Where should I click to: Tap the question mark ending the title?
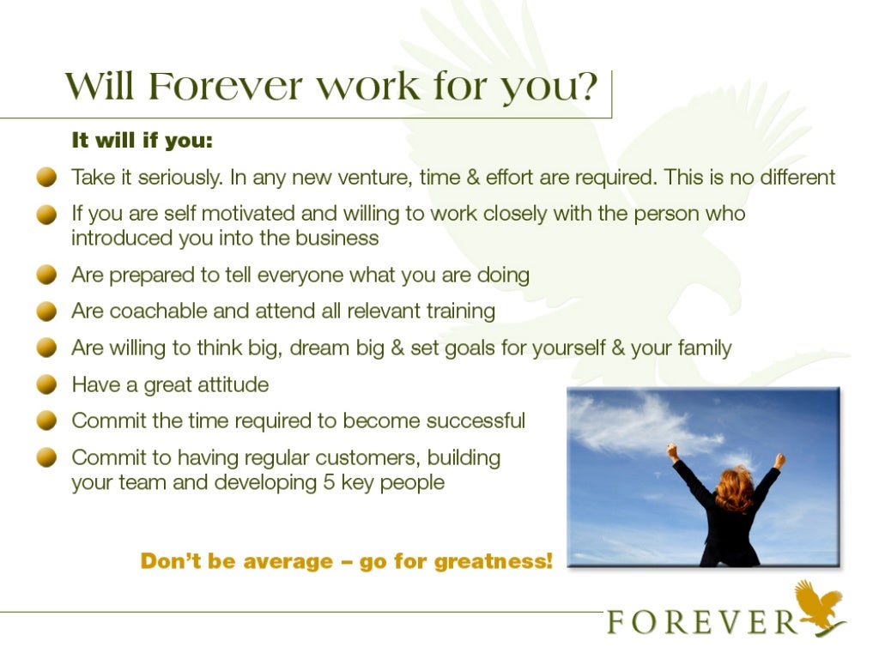587,86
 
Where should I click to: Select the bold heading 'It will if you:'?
142,140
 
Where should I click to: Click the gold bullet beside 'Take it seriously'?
46,178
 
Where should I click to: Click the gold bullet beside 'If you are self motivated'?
46,215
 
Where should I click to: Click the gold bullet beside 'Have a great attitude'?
46,385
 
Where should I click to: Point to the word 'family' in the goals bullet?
701,348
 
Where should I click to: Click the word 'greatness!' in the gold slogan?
494,561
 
